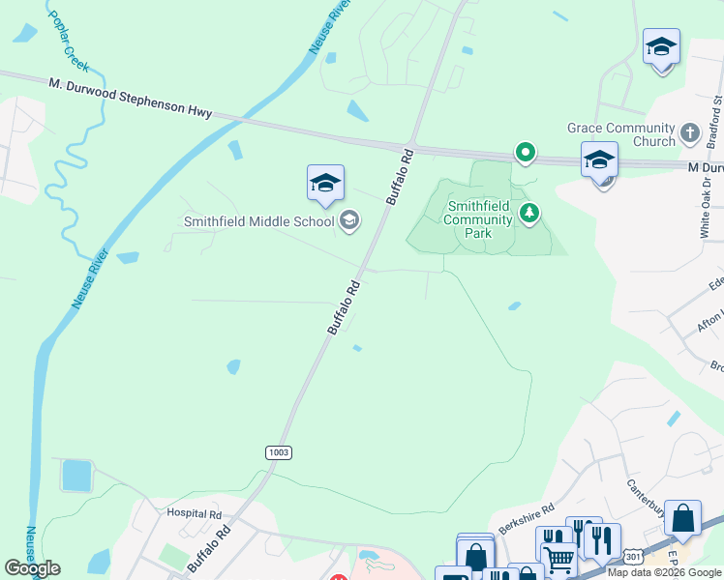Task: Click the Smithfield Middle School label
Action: (x=258, y=221)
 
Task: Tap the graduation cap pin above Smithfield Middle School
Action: (x=325, y=183)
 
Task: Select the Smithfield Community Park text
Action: (x=478, y=219)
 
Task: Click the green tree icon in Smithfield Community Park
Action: (x=528, y=213)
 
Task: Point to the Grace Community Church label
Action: (x=620, y=134)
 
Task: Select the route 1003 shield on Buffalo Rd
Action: (x=278, y=452)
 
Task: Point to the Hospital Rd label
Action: (x=194, y=513)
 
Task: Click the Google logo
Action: (x=32, y=568)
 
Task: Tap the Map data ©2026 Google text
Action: (x=664, y=572)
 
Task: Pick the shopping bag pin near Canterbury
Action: (x=682, y=518)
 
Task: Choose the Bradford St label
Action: (x=717, y=115)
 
